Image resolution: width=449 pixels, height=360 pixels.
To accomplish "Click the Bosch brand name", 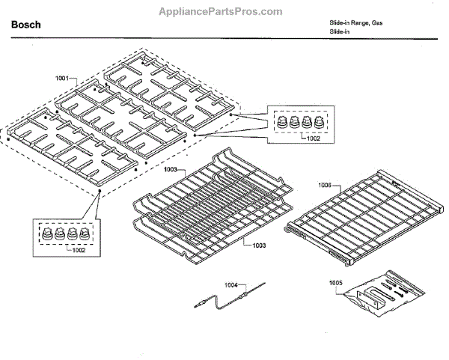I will [25, 25].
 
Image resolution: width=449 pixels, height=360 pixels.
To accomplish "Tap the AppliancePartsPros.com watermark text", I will [220, 11].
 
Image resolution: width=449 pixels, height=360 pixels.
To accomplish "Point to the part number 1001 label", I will [62, 79].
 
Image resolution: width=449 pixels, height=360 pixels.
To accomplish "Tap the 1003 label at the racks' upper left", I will [171, 170].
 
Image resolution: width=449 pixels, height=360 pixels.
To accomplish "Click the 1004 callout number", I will [232, 285].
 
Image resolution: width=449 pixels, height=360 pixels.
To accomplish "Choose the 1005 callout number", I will [336, 282].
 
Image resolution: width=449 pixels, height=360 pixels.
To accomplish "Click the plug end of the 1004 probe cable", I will [198, 305].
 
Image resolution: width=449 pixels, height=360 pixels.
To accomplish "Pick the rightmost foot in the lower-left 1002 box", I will [83, 233].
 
